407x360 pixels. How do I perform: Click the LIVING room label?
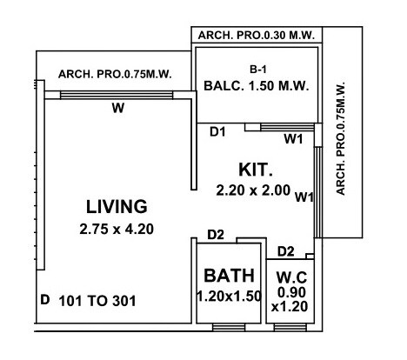click(x=117, y=207)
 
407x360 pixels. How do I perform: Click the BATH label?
click(x=229, y=276)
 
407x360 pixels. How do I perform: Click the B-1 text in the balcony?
click(x=257, y=67)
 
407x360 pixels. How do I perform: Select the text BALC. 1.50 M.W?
click(x=257, y=86)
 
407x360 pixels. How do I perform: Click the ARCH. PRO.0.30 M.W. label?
click(x=257, y=36)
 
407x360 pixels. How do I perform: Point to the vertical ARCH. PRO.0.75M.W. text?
click(x=341, y=140)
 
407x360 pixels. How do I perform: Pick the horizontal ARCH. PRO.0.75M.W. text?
click(x=116, y=75)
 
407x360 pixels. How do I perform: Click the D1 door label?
click(x=219, y=132)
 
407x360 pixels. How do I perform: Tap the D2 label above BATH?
click(x=217, y=235)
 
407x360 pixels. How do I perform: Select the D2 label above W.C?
click(x=285, y=251)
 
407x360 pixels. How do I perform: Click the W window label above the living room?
click(x=116, y=109)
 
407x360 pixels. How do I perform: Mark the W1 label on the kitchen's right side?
click(x=304, y=197)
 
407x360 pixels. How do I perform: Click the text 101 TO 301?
click(x=97, y=301)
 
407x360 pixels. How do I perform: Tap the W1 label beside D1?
click(x=294, y=137)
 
